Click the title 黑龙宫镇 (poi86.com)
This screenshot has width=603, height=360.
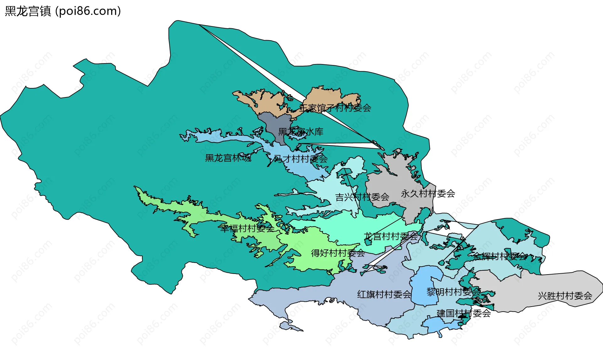[63, 11]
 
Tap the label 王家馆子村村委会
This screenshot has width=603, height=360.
[335, 108]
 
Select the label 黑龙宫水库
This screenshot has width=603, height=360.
[301, 132]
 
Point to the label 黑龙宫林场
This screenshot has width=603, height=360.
[228, 158]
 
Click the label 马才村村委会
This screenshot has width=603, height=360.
[301, 159]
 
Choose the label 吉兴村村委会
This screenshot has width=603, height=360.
[362, 197]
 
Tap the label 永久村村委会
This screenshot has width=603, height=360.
[428, 194]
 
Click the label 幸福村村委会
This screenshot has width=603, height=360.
[247, 228]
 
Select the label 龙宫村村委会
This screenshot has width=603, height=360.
[391, 236]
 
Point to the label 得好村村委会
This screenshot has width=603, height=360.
[338, 253]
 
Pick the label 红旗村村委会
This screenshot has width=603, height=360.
[384, 294]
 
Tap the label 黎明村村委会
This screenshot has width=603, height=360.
[453, 292]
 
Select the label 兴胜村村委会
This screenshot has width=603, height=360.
[565, 296]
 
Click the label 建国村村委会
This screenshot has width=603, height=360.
[464, 313]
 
